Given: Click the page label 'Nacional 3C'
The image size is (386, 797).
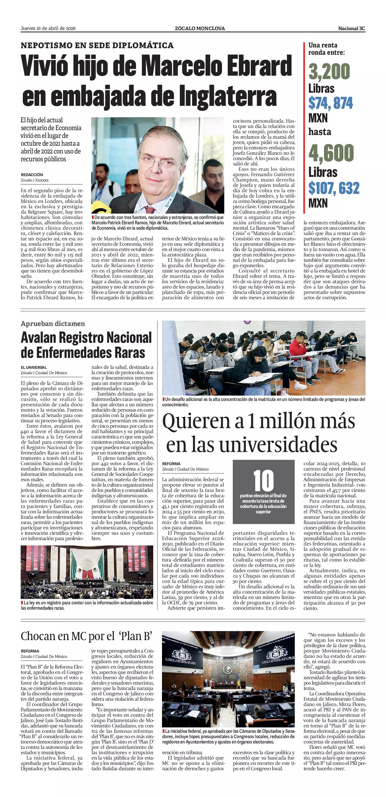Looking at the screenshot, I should click(351, 28).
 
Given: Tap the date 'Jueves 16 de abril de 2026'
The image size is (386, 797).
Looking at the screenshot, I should click(48, 28).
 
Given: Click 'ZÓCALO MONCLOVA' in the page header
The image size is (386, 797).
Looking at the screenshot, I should click(199, 28).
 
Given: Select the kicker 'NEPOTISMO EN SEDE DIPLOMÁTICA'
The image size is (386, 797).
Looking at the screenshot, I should click(97, 45).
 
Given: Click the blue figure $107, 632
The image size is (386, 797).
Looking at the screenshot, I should click(334, 188).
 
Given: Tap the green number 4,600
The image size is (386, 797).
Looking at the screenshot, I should click(331, 153).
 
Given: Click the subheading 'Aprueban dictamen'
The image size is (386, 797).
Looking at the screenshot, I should click(53, 324).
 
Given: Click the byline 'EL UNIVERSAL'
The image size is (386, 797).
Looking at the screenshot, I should click(34, 368).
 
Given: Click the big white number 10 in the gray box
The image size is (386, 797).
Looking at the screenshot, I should click(263, 480).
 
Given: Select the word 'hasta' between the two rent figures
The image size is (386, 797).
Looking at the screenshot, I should click(320, 132).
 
